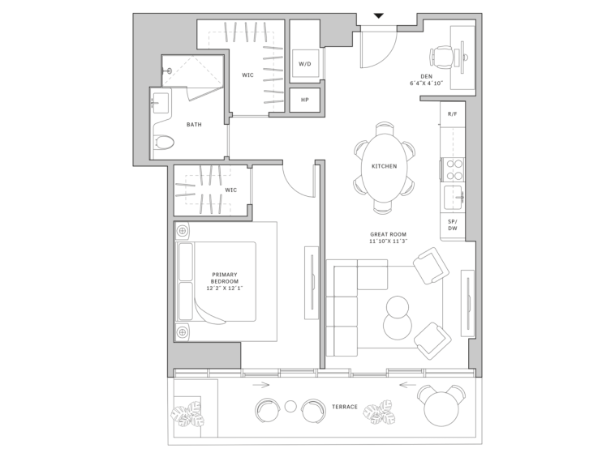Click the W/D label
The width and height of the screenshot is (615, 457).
pos(305,64)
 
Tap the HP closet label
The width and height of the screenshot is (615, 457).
pos(305,100)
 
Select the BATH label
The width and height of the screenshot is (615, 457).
pos(194,125)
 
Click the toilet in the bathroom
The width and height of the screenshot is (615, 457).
pos(163,142)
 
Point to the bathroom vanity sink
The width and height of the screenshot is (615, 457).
pos(160,103)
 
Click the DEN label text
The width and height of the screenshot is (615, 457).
pos(426,76)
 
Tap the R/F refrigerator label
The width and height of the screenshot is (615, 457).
pos(452,114)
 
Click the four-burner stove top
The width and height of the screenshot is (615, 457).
pos(454,169)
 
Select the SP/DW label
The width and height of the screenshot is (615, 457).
pos(452,224)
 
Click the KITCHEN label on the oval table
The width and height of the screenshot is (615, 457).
pos(384,166)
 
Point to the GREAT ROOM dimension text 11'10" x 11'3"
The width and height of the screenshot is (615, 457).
pos(388,241)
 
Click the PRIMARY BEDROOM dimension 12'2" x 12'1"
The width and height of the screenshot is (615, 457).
pos(225,288)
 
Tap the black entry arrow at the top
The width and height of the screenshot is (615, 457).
pos(378,16)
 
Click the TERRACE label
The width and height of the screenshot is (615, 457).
pos(345,407)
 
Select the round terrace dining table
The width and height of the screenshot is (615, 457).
pos(441,409)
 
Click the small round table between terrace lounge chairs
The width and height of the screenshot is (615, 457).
pos(290,407)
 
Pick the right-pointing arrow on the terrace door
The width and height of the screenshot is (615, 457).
pos(260,385)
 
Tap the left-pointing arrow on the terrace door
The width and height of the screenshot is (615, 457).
pos(407,385)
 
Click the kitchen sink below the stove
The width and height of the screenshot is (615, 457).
pos(454,198)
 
